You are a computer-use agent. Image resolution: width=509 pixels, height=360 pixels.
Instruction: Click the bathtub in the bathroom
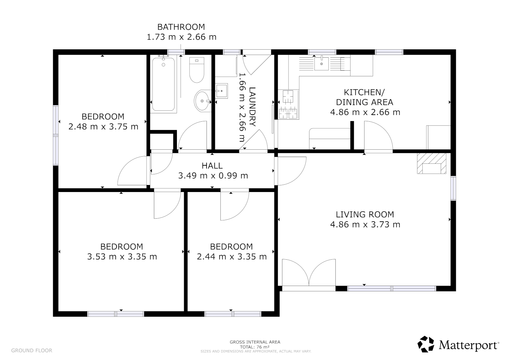(x=163, y=84)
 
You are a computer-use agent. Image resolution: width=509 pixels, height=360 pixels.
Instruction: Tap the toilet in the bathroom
(x=197, y=70)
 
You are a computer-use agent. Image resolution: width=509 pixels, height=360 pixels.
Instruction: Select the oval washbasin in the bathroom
(x=202, y=101)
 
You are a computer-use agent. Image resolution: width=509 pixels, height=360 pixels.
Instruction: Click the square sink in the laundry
(x=221, y=91)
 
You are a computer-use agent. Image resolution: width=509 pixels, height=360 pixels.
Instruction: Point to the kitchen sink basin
(x=321, y=64)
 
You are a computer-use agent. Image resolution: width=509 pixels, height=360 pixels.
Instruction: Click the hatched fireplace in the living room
(x=431, y=164)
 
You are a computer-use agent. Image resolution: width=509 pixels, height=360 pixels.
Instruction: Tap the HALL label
(x=212, y=166)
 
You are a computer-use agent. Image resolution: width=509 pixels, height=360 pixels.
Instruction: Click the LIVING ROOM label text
(x=365, y=214)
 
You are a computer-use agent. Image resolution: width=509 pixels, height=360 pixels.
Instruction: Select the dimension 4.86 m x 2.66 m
(x=365, y=112)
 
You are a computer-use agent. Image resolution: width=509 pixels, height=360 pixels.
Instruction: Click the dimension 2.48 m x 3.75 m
(x=103, y=126)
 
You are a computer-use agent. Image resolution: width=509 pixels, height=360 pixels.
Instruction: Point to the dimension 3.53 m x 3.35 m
(x=122, y=257)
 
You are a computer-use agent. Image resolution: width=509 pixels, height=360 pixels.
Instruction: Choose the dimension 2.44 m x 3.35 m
(x=232, y=257)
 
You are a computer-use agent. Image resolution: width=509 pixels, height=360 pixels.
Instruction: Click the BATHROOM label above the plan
(x=181, y=27)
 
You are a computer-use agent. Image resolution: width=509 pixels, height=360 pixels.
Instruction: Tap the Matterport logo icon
(x=426, y=344)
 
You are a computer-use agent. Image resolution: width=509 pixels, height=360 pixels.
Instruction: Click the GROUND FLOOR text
(x=32, y=350)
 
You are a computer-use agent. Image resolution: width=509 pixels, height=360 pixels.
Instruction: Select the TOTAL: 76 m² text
(x=255, y=347)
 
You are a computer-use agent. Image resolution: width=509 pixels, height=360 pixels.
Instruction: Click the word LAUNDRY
(x=253, y=107)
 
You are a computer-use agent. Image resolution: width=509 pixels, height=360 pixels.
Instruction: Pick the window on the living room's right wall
(x=453, y=188)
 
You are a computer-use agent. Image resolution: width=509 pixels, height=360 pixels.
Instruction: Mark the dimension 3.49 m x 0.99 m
(x=213, y=176)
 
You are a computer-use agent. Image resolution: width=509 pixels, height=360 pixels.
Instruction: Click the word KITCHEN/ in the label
(x=364, y=92)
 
